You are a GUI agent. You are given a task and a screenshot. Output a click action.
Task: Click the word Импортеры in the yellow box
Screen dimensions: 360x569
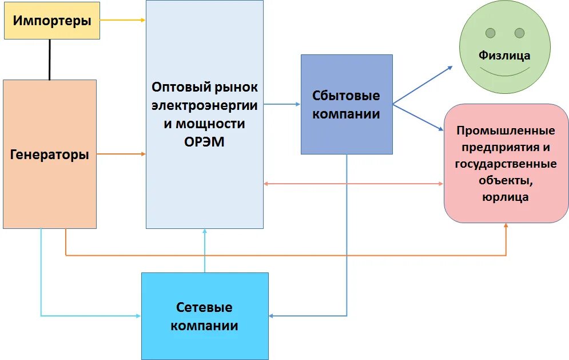pyautogui.click(x=52, y=21)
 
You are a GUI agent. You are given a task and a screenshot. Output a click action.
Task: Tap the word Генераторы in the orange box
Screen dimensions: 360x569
pyautogui.click(x=50, y=155)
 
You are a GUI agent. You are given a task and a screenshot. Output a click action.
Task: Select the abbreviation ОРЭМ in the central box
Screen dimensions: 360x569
pyautogui.click(x=204, y=141)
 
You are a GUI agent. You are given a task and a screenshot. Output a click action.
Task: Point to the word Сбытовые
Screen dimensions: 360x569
pyautogui.click(x=346, y=96)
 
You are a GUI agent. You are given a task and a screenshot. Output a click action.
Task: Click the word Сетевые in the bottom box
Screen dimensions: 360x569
pyautogui.click(x=204, y=307)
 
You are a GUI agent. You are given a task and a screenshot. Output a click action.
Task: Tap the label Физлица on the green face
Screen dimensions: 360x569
pyautogui.click(x=504, y=56)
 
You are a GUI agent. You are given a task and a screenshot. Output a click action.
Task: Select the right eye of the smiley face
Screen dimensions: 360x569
pyautogui.click(x=519, y=33)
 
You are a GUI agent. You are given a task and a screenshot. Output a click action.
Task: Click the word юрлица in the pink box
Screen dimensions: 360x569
pyautogui.click(x=506, y=197)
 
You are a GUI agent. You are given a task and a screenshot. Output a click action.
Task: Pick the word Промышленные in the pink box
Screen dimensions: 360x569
pyautogui.click(x=506, y=130)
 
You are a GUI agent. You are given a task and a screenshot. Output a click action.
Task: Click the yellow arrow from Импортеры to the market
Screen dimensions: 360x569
pyautogui.click(x=122, y=20)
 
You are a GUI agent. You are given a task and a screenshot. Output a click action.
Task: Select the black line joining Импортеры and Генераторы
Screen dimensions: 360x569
pyautogui.click(x=50, y=60)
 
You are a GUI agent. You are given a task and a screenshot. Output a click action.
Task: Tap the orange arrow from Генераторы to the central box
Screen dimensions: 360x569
pyautogui.click(x=121, y=154)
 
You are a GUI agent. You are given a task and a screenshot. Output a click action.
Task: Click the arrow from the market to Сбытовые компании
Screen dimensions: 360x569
pyautogui.click(x=282, y=104)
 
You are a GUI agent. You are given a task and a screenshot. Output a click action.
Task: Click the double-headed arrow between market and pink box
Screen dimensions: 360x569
pyautogui.click(x=353, y=184)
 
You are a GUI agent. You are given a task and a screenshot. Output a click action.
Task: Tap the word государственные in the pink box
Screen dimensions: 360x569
pyautogui.click(x=506, y=164)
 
